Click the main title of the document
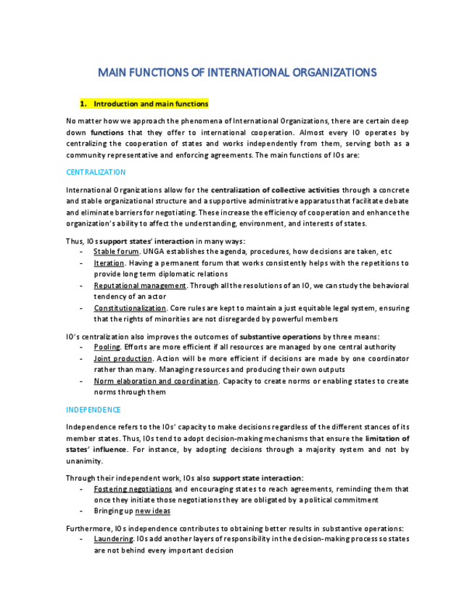tap(237, 73)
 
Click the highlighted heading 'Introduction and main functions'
tap(151, 104)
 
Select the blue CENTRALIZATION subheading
tap(96, 173)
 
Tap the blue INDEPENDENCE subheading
tap(94, 410)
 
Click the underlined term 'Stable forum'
tap(116, 252)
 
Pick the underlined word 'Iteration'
tap(109, 263)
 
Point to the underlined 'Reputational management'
tap(140, 286)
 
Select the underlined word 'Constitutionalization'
tap(130, 308)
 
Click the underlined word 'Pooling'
tap(107, 347)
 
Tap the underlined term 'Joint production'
tap(123, 358)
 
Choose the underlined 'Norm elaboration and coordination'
tap(156, 381)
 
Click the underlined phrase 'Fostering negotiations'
tap(133, 489)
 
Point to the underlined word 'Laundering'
tap(113, 539)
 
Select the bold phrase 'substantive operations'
tap(280, 337)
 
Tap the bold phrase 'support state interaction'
tap(257, 478)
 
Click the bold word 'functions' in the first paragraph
tap(107, 133)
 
